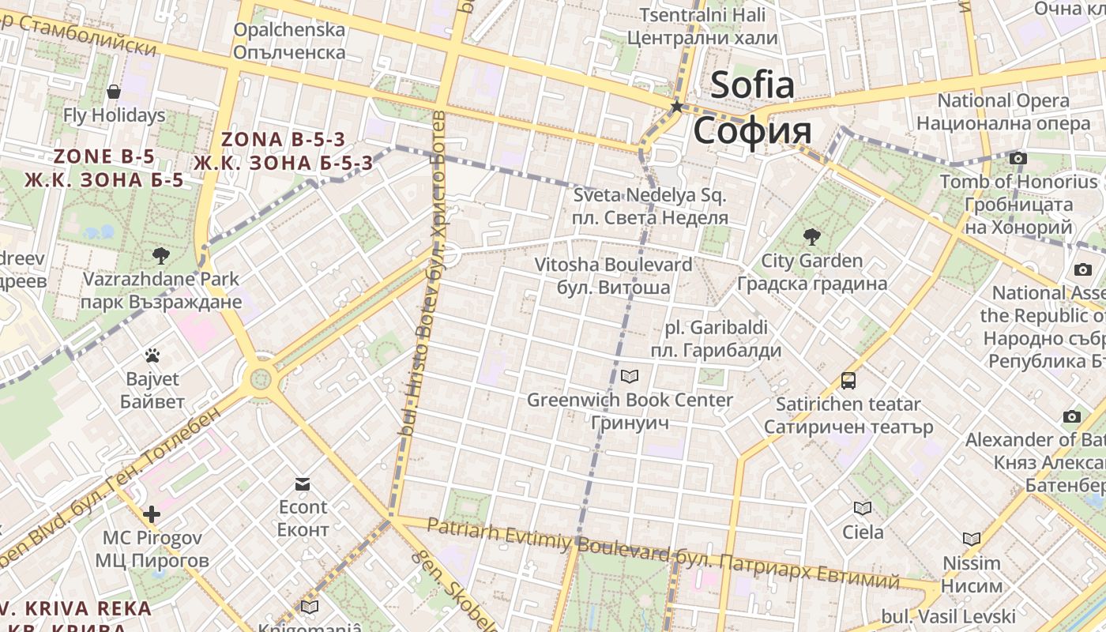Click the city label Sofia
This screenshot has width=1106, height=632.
(752, 85)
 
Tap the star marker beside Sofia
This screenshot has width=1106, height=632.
(676, 106)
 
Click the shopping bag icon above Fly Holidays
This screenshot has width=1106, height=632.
(114, 92)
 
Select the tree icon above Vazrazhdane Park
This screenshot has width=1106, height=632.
(161, 255)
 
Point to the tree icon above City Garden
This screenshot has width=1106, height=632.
(811, 236)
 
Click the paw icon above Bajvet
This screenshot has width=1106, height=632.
(152, 355)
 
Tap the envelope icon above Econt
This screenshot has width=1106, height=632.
(303, 483)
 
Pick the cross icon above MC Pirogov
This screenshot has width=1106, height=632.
(151, 514)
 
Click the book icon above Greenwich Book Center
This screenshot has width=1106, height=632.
(630, 376)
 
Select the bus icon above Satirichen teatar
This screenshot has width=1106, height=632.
(848, 381)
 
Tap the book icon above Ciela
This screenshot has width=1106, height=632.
(862, 508)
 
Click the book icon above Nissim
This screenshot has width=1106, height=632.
(971, 539)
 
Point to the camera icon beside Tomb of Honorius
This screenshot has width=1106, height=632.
(1018, 158)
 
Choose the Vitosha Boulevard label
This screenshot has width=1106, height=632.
(613, 265)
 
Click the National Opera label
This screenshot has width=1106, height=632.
(1003, 101)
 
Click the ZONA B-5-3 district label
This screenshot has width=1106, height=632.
(283, 140)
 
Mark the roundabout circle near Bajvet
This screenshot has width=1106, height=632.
(260, 379)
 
